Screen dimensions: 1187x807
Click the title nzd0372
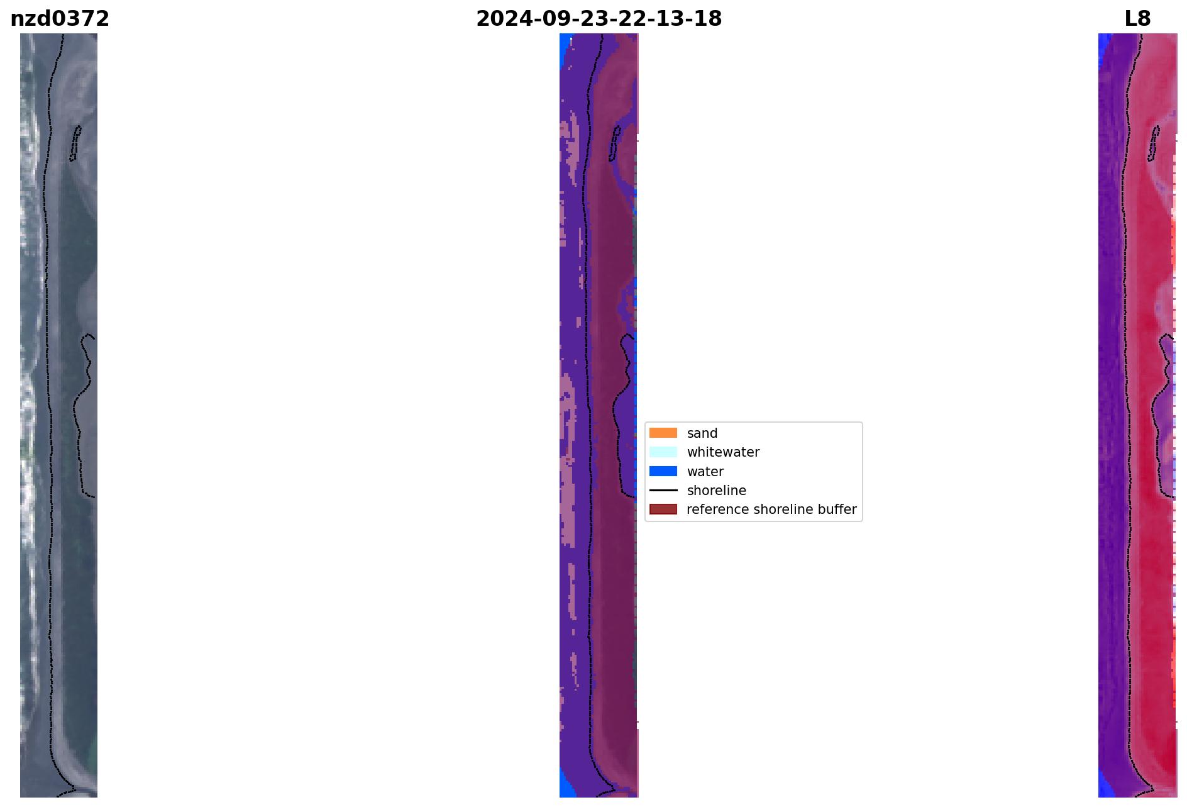[60, 19]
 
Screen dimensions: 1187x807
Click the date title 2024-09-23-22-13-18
[599, 19]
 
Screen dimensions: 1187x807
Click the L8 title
[1137, 19]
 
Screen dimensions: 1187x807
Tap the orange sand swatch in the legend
[663, 433]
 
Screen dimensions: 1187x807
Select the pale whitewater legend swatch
[663, 452]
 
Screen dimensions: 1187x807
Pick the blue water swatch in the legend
[663, 471]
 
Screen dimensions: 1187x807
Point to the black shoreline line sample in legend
[663, 490]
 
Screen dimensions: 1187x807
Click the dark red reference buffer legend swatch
[663, 509]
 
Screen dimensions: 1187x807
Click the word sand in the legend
[702, 433]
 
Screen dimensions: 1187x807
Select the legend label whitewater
[723, 452]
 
